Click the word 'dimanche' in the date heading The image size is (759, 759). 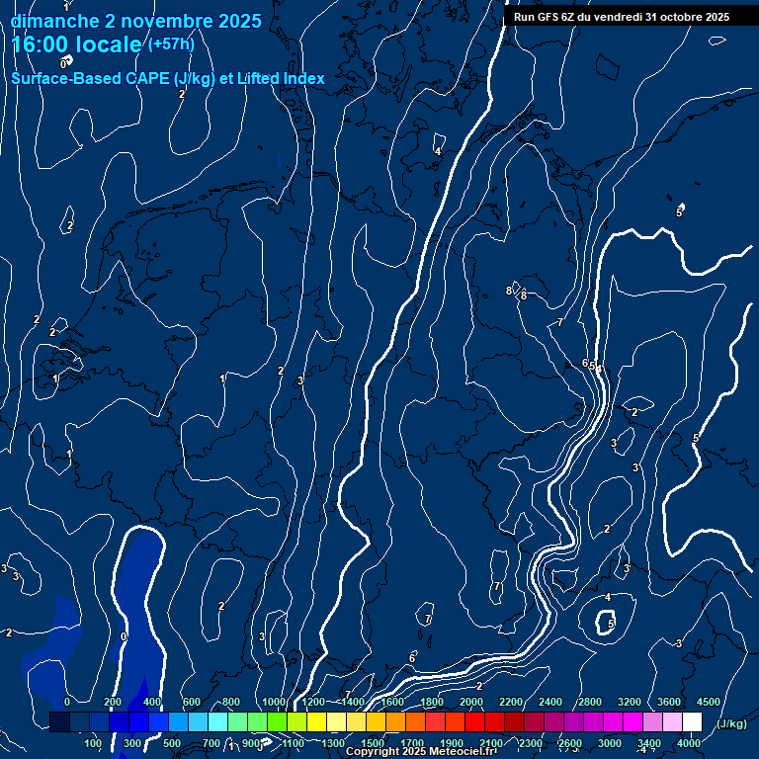coord(55,21)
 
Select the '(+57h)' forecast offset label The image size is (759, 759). coord(170,44)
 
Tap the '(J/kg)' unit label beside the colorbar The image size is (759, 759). coord(730,723)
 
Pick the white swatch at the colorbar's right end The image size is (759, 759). coord(692,721)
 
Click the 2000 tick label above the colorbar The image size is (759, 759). coord(471,702)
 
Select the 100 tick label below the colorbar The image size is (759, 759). coord(93,743)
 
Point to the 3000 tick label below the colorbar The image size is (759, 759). coord(610,743)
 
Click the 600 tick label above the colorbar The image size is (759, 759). coord(192,702)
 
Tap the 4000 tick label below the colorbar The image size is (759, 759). coord(689,743)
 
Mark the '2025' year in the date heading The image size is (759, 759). coord(239,21)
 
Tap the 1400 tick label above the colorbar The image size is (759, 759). coord(352,702)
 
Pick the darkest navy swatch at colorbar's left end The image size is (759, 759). coord(59,721)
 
